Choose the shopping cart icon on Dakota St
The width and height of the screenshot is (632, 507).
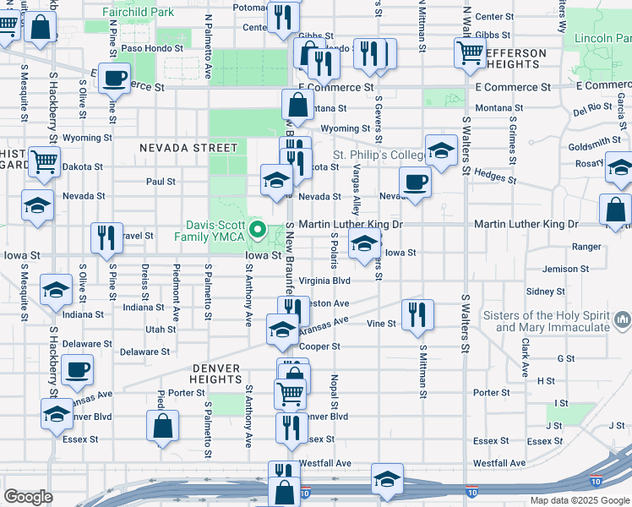pos(44,161)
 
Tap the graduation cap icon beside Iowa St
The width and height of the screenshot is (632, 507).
pos(364,245)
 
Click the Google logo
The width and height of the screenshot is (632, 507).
pos(28,497)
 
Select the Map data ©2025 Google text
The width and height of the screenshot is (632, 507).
pos(580,500)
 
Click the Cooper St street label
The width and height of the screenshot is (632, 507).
pos(319,346)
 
